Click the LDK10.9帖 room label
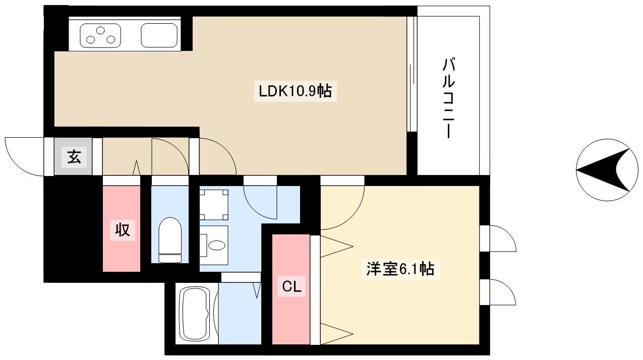(296, 91)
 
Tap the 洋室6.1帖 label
(400, 269)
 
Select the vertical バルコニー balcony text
(448, 98)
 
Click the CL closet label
(291, 286)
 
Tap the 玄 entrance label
(74, 157)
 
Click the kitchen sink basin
(159, 35)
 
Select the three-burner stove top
(100, 36)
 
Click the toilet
(170, 239)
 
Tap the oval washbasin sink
(217, 246)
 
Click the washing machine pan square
(214, 205)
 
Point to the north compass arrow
(603, 170)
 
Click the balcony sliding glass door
(412, 74)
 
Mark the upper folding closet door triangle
(336, 247)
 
